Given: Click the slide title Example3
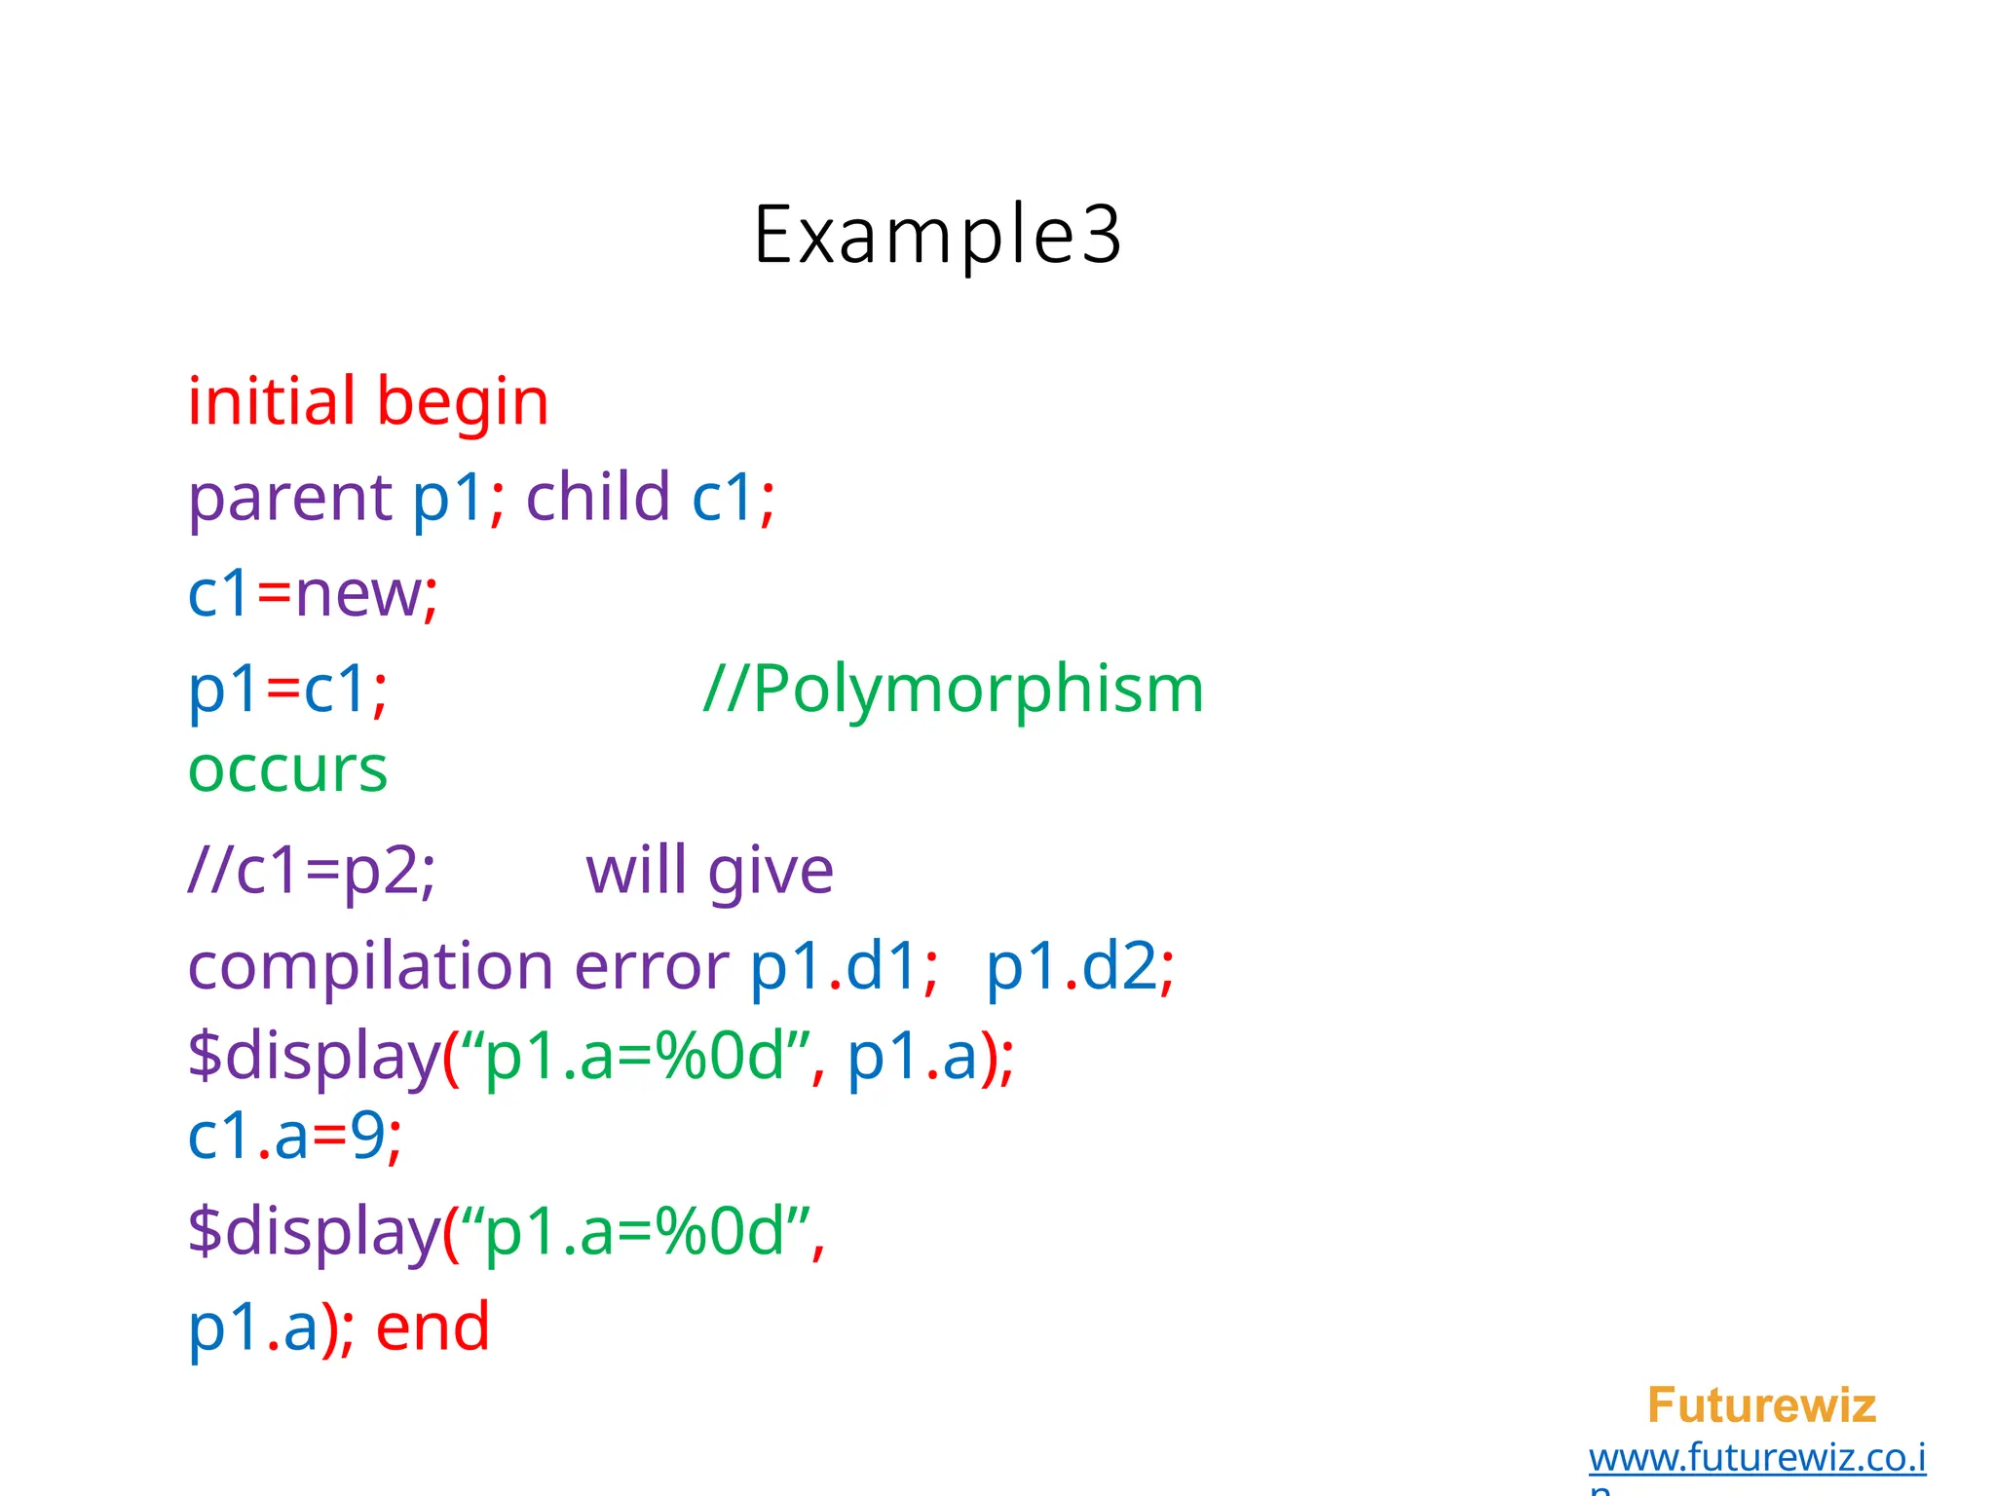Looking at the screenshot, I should (x=937, y=235).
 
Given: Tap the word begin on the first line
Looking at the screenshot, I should (x=463, y=403).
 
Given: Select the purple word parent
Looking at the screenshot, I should (x=289, y=499).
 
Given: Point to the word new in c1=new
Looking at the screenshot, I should (x=358, y=594).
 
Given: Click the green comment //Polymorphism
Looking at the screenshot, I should (x=954, y=690).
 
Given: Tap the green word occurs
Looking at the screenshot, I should (x=287, y=770).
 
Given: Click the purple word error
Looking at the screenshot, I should (x=651, y=968).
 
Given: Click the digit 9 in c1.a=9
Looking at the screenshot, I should (x=367, y=1136).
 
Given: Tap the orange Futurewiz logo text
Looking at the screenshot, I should (x=1761, y=1404).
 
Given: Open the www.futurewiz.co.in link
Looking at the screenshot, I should (x=1756, y=1458).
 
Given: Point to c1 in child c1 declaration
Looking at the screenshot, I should (x=723, y=497).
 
